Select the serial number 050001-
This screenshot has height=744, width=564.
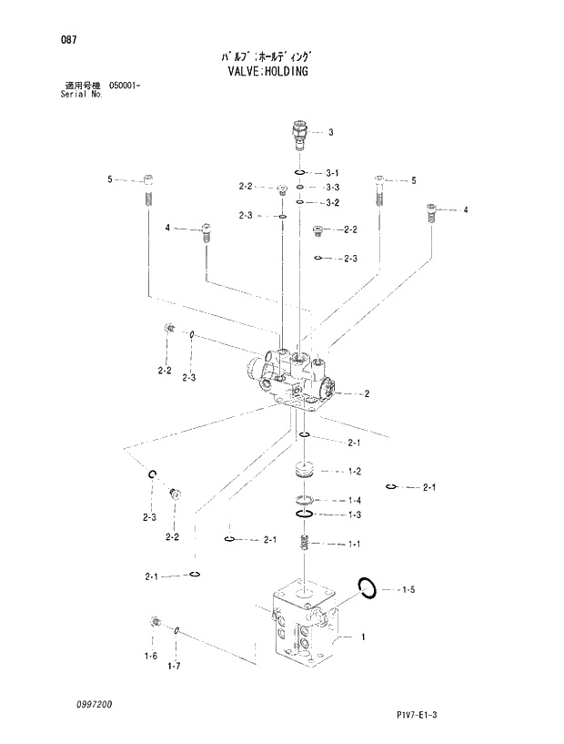[x=126, y=86]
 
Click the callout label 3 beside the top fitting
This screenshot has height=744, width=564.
[x=330, y=132]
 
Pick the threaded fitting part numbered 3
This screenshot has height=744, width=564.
[x=300, y=133]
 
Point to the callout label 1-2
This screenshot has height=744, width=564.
[x=354, y=471]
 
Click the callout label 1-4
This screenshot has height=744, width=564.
[x=354, y=500]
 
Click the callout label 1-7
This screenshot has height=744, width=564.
[x=174, y=666]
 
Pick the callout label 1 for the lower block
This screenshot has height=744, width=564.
[x=363, y=637]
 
